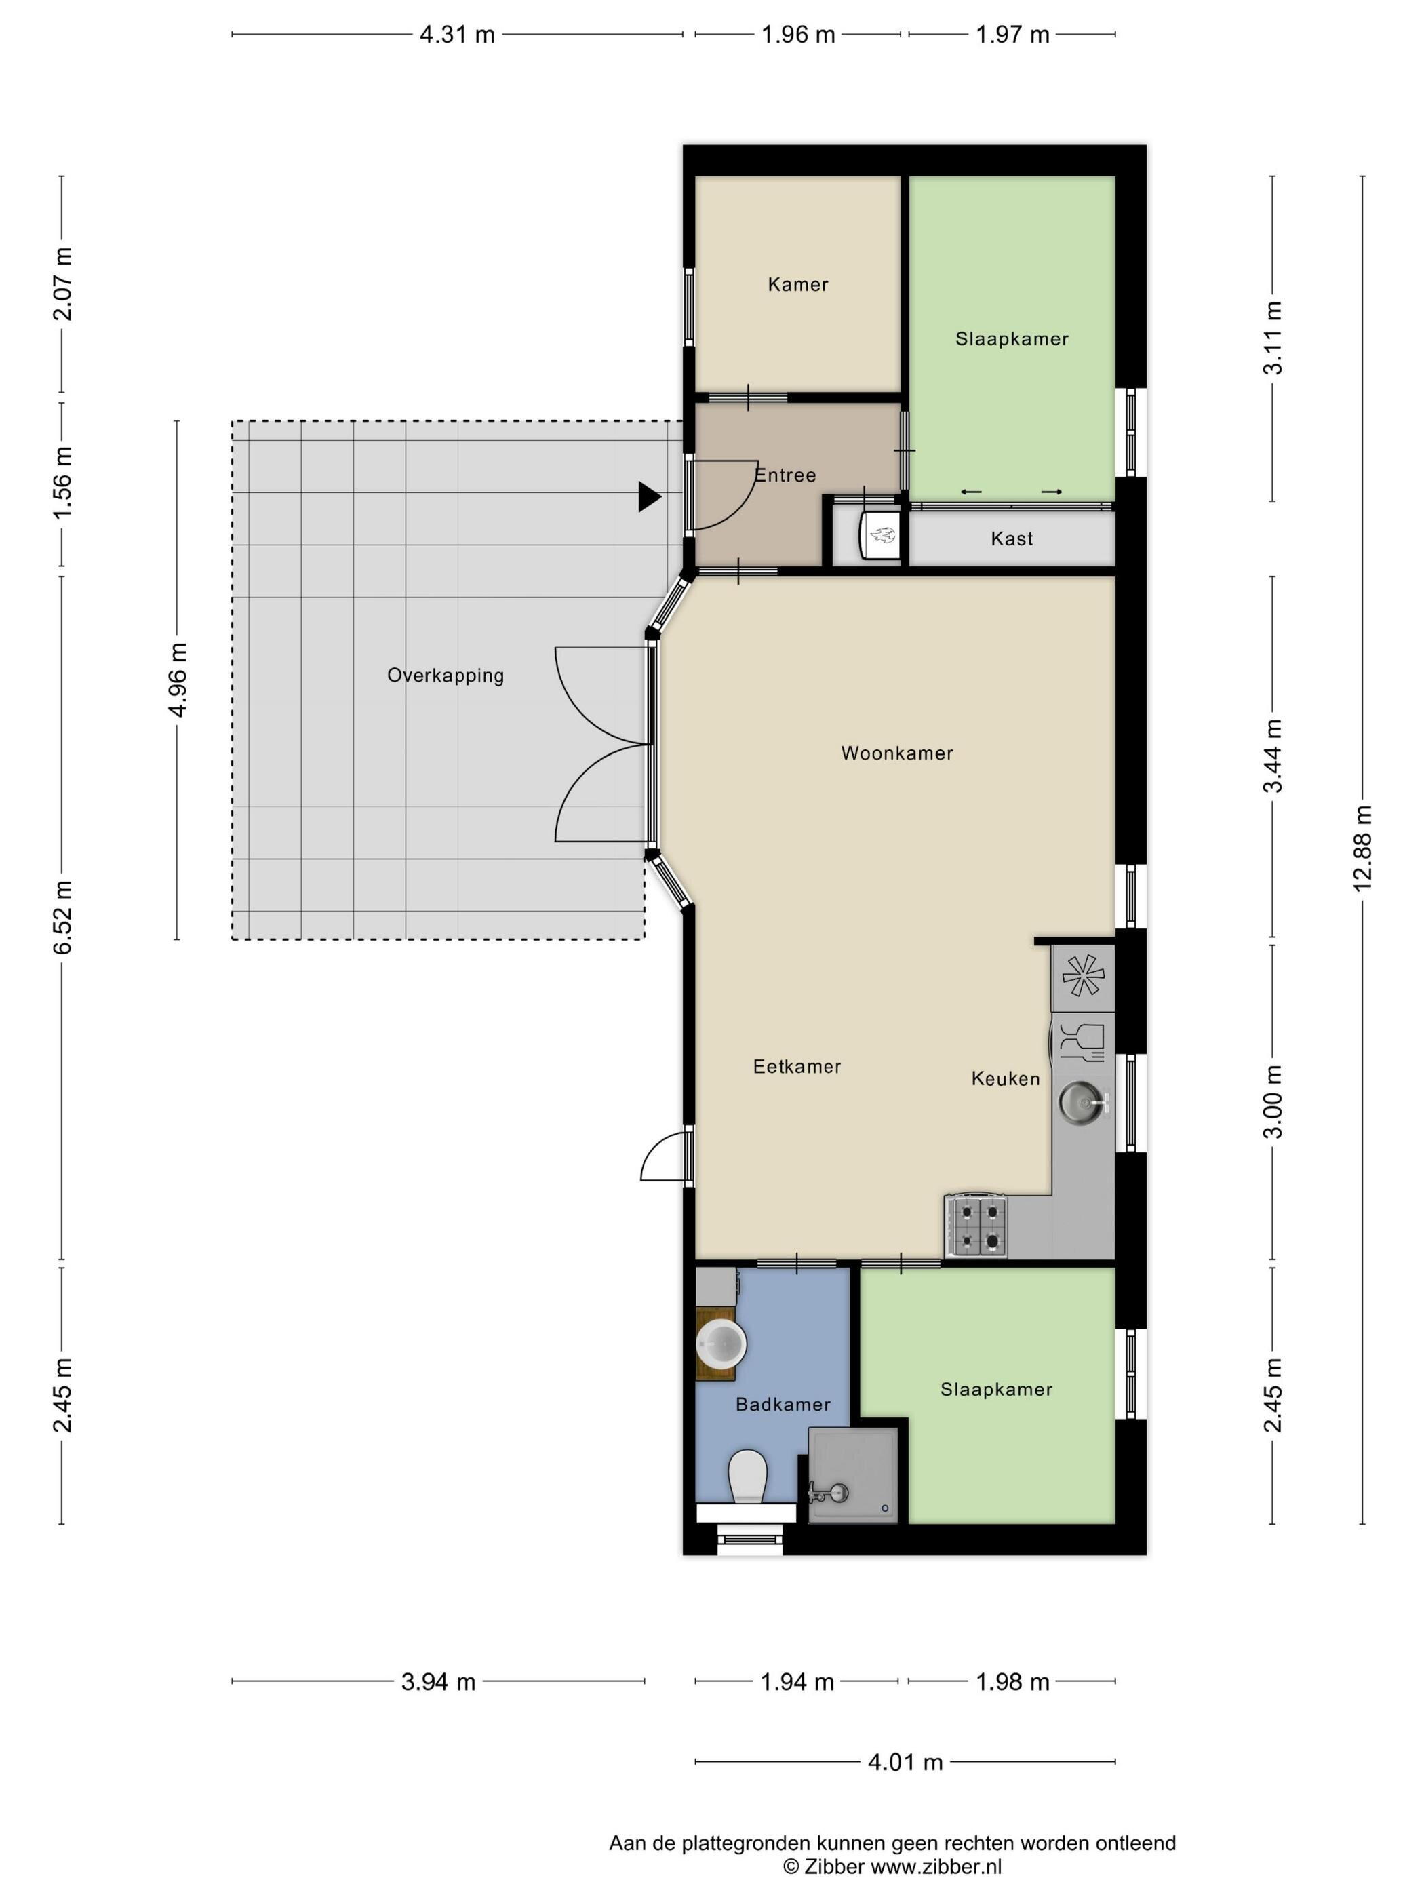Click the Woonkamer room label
pyautogui.click(x=897, y=753)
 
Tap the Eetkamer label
pyautogui.click(x=797, y=1066)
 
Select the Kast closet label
pyautogui.click(x=1012, y=539)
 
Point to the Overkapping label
pyautogui.click(x=446, y=676)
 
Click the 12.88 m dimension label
pyautogui.click(x=1362, y=849)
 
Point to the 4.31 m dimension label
pyautogui.click(x=458, y=35)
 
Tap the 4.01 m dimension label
pyautogui.click(x=905, y=1763)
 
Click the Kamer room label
pyautogui.click(x=798, y=284)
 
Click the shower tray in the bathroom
pyautogui.click(x=853, y=1475)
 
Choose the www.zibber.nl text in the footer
pyautogui.click(x=936, y=1866)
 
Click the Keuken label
pyautogui.click(x=1005, y=1079)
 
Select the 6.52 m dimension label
pyautogui.click(x=62, y=917)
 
